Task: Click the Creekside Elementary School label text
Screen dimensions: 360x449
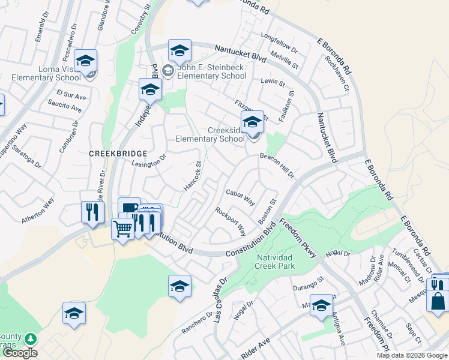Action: (210, 134)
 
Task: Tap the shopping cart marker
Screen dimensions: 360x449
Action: (123, 228)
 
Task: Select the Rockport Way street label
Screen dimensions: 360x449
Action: (231, 221)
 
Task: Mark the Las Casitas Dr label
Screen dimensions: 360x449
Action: (217, 298)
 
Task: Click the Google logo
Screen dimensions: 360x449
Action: (20, 353)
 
